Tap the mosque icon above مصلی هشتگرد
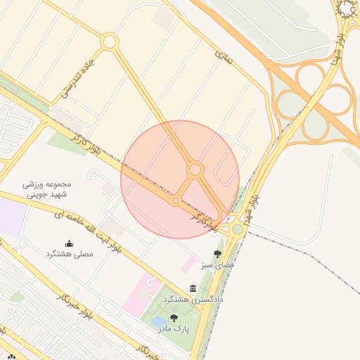pos(69,244)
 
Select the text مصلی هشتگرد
pos(69,253)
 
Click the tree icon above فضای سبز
pos(217,254)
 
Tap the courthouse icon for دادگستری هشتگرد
pos(193,289)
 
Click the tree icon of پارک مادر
pos(174,318)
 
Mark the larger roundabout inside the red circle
pos(195,169)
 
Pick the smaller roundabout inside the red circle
pos(175,200)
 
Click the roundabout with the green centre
pos(238,229)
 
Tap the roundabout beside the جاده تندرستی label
pos(109,42)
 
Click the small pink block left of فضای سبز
pos(188,264)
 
